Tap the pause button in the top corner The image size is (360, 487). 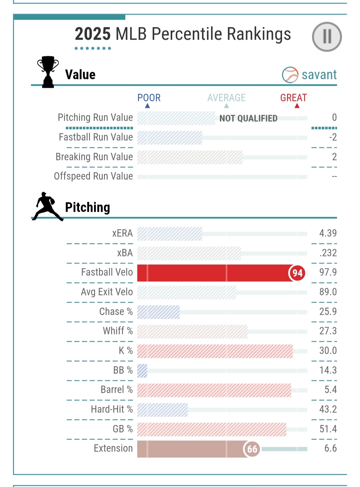click(327, 37)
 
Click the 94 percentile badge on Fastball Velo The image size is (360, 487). click(297, 273)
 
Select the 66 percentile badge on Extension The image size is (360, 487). click(252, 449)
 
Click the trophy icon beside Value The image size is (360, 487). click(48, 72)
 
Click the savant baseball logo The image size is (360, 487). click(290, 75)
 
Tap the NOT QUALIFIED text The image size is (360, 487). click(248, 118)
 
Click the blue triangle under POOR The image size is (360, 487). click(147, 106)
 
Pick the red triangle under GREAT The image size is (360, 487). click(297, 106)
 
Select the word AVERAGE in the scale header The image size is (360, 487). click(226, 98)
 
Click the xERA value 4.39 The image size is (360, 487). click(328, 233)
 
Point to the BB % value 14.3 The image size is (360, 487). click(328, 370)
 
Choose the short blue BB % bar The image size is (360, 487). click(142, 371)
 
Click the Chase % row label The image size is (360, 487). click(116, 311)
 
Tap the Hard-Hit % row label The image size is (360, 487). click(112, 409)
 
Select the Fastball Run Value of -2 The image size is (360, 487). click(333, 137)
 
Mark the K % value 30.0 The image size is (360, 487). click(328, 350)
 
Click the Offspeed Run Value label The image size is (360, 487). click(93, 176)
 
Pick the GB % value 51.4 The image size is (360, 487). click(328, 429)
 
